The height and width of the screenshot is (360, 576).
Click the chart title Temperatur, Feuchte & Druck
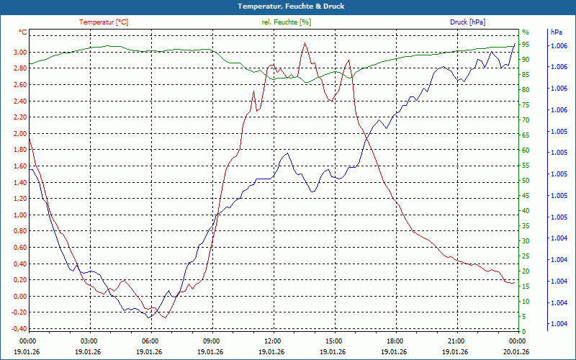287,6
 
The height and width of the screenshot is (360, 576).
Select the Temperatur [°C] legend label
104,22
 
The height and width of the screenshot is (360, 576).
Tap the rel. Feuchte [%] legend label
287,22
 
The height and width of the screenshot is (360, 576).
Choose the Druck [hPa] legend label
468,22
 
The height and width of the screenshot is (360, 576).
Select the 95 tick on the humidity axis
526,45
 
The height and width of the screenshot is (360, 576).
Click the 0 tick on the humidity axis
524,331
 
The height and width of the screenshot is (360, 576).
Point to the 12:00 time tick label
273,341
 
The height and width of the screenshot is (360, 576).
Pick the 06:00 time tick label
150,341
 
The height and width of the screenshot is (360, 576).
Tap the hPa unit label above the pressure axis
557,32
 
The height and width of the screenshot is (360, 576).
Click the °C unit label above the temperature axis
23,32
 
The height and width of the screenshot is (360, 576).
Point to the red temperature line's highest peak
305,43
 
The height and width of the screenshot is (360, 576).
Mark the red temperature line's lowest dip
165,318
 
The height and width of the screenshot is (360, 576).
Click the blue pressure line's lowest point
149,318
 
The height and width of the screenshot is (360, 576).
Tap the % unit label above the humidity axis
525,32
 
